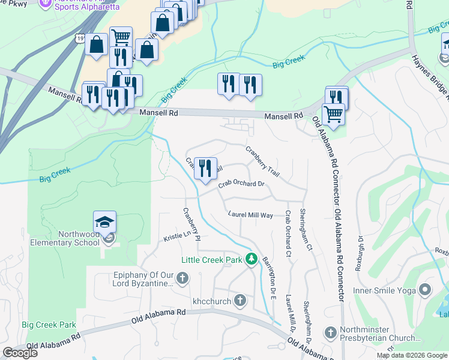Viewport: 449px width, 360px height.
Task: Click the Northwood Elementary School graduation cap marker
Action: [x=104, y=223]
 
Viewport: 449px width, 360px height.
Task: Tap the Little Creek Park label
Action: [x=212, y=260]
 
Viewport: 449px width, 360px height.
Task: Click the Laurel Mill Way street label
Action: [x=250, y=214]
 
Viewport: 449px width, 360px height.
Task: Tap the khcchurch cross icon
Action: [x=240, y=299]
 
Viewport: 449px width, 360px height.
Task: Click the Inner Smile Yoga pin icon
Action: [x=425, y=290]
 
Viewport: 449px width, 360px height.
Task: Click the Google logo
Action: [x=20, y=353]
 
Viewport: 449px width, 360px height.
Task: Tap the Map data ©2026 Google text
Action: [x=411, y=355]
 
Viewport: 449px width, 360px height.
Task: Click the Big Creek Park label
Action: [x=49, y=325]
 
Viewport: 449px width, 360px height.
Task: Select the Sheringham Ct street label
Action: [x=306, y=229]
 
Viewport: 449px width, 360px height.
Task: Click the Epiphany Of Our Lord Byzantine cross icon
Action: [x=182, y=278]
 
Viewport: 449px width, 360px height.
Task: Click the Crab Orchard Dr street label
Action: [x=241, y=184]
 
